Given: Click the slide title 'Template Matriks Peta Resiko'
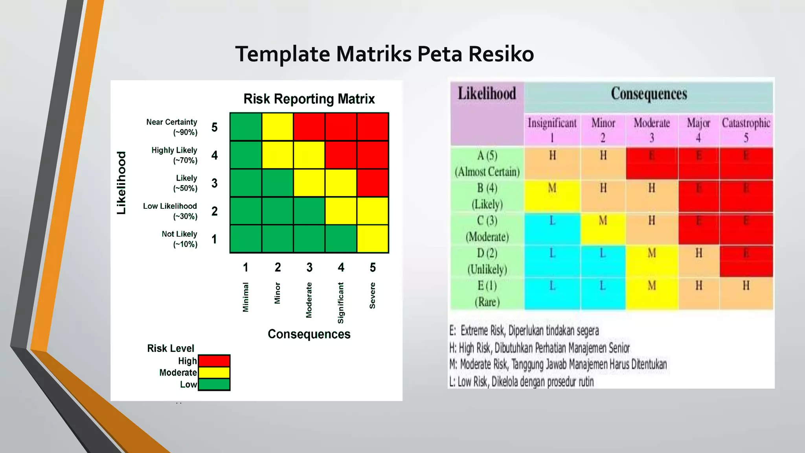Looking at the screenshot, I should coord(384,54).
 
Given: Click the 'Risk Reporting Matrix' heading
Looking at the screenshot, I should coord(309,99).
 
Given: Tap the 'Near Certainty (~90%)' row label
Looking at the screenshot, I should coord(172,127).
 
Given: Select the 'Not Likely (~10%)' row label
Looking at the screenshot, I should coord(179,239).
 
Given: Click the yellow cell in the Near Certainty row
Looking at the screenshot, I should coord(278,127).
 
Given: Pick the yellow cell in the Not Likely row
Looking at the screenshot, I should coord(373,239).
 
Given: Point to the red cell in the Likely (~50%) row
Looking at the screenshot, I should coord(373,183).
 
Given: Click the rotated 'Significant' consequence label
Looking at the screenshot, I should coord(341,303).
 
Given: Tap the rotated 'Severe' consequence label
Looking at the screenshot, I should coord(373,295).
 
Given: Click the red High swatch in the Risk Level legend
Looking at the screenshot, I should coord(214,361).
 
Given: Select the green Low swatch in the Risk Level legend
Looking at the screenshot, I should coord(214,384).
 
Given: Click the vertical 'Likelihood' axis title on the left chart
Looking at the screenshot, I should coord(121,183).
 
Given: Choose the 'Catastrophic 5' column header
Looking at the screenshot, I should coord(746,130).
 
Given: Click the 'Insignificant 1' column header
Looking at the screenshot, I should coord(552,130).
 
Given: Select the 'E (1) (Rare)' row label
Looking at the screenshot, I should coord(487,294).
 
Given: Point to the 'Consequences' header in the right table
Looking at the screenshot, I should coord(649,94).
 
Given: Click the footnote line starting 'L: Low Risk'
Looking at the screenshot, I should coord(522,381).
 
